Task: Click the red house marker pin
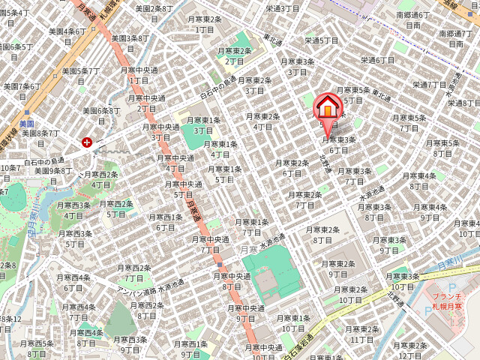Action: [x=328, y=109]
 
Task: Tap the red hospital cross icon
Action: [x=88, y=142]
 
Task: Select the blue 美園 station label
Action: [x=27, y=124]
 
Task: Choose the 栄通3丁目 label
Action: [x=282, y=8]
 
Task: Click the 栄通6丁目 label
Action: [x=377, y=60]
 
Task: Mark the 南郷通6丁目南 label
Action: [x=412, y=19]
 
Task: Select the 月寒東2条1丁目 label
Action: [x=205, y=24]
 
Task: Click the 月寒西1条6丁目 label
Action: [x=165, y=222]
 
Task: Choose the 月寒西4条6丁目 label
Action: [x=73, y=282]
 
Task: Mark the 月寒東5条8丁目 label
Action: [x=442, y=148]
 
